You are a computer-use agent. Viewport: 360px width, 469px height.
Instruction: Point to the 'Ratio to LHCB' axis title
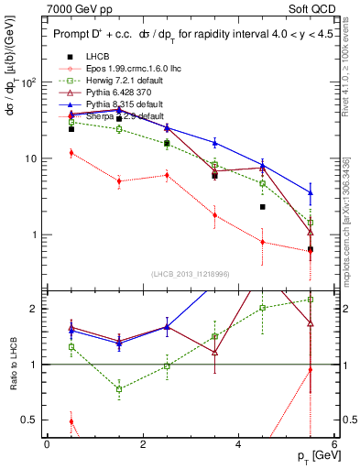click(12, 365)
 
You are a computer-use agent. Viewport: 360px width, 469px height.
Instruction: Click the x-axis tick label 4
click(238, 443)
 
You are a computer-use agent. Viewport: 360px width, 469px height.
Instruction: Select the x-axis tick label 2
click(143, 443)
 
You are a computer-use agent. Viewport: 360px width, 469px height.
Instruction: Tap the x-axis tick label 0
click(47, 443)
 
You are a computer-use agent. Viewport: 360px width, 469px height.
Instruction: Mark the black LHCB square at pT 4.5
click(262, 207)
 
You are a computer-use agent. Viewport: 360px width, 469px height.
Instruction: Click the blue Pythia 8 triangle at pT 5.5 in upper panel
click(311, 192)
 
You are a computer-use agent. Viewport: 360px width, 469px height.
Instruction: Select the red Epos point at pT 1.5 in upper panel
click(119, 181)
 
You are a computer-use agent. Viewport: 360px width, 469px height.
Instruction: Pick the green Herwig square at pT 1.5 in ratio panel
click(119, 388)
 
